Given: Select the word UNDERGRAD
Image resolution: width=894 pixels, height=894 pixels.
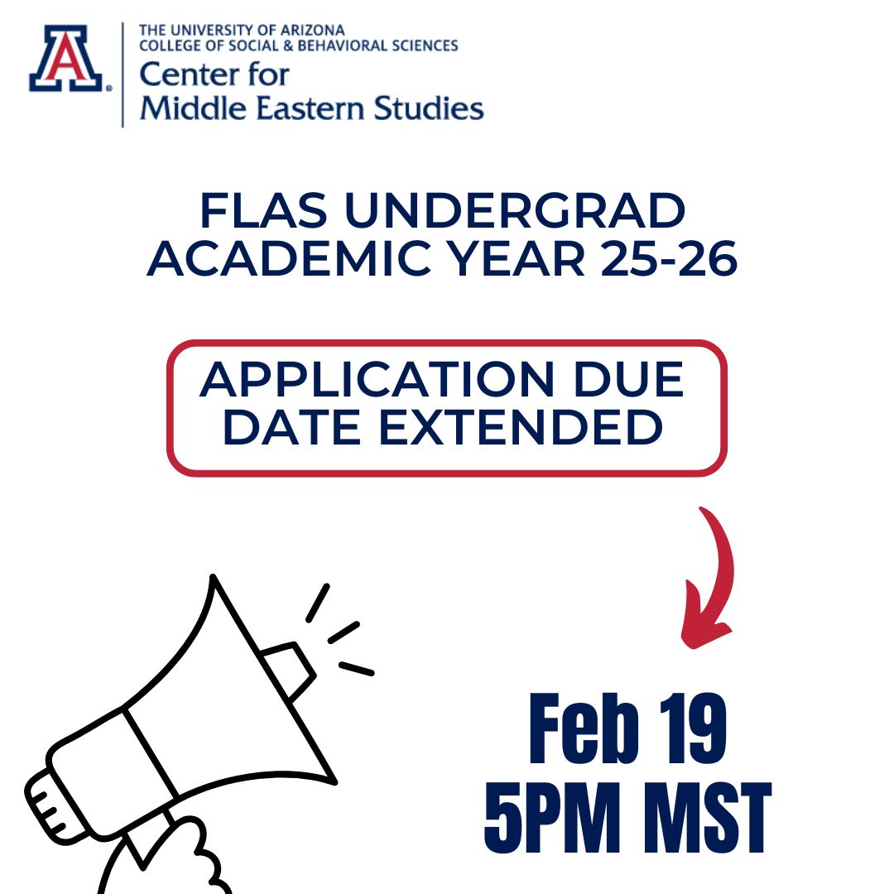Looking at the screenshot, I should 516,213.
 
